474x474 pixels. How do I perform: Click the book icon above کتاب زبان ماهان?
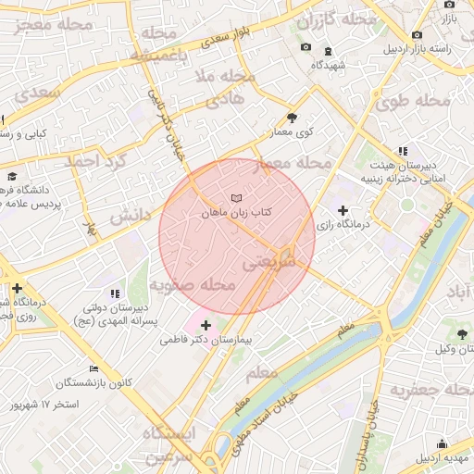(x=237, y=198)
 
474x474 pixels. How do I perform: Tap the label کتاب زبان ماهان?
(x=237, y=213)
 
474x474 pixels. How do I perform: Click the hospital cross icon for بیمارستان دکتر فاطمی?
(x=205, y=325)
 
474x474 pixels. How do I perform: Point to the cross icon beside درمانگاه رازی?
(x=343, y=211)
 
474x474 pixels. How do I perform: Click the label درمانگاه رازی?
(x=343, y=225)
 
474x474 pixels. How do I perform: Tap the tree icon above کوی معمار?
(x=293, y=118)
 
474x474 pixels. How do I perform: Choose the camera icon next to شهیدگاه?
(x=306, y=48)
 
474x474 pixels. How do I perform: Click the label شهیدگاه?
(x=329, y=64)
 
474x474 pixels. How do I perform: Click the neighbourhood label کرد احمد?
(x=92, y=160)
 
